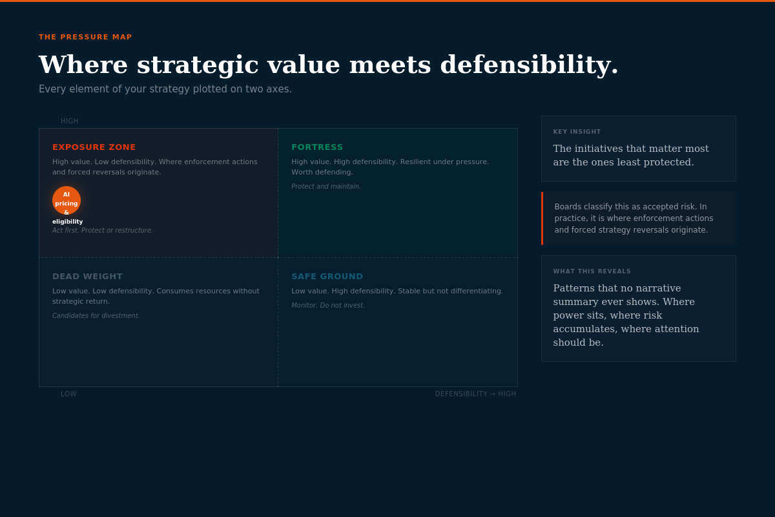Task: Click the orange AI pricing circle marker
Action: point(67,200)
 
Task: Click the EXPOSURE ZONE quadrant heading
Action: point(94,147)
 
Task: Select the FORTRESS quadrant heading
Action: point(317,147)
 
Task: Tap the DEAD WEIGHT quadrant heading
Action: point(87,277)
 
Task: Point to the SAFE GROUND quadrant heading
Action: point(327,277)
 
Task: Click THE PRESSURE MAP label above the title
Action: point(85,37)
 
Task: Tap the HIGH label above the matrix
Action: point(70,121)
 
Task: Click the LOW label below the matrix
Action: point(68,394)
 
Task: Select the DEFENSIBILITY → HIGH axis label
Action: point(475,394)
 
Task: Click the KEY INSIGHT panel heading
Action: point(577,132)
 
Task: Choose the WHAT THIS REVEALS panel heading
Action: point(592,271)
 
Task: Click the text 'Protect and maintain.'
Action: point(326,187)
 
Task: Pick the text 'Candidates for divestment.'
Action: point(96,316)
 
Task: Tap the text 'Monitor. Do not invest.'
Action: point(328,306)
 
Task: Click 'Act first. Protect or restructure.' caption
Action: point(103,231)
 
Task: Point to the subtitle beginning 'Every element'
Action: point(165,89)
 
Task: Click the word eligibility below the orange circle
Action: point(68,222)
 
